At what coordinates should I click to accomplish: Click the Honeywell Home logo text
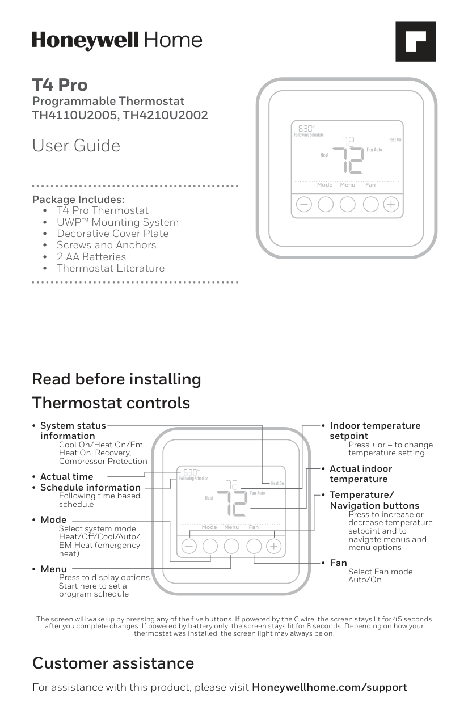pyautogui.click(x=117, y=40)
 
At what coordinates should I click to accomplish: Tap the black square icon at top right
pyautogui.click(x=415, y=41)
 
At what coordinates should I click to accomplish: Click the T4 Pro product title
pyautogui.click(x=60, y=85)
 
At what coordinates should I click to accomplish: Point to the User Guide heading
pyautogui.click(x=76, y=146)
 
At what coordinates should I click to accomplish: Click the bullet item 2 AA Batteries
pyautogui.click(x=91, y=257)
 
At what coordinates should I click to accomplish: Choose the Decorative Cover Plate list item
pyautogui.click(x=112, y=234)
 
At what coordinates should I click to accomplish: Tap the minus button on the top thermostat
pyautogui.click(x=304, y=204)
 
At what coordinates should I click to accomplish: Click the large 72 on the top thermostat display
pyautogui.click(x=348, y=161)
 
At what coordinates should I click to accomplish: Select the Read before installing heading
pyautogui.click(x=116, y=379)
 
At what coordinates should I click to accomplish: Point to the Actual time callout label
pyautogui.click(x=66, y=477)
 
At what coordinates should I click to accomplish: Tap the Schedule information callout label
pyautogui.click(x=90, y=488)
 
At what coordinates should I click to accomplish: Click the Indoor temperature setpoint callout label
pyautogui.click(x=374, y=430)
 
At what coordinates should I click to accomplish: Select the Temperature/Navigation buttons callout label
pyautogui.click(x=374, y=500)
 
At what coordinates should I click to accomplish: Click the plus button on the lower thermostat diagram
pyautogui.click(x=274, y=546)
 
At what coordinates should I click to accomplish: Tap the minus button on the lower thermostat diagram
pyautogui.click(x=189, y=546)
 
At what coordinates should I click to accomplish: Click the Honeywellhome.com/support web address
pyautogui.click(x=329, y=687)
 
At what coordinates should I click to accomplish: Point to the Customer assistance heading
pyautogui.click(x=113, y=663)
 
